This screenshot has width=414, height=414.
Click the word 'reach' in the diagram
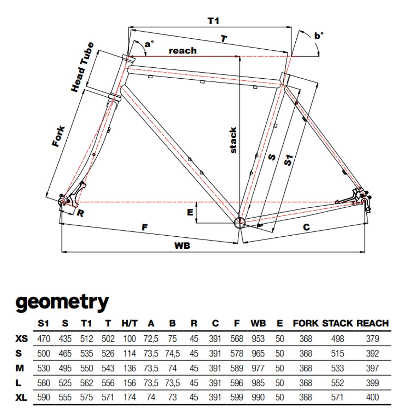(183, 51)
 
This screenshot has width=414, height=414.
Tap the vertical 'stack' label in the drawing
(233, 140)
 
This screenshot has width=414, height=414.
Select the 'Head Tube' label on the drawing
(82, 67)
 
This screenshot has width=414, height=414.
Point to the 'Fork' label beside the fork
(58, 137)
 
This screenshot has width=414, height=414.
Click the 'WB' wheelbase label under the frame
(182, 245)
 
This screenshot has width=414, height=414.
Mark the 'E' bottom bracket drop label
(190, 213)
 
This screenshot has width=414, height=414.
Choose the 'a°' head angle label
(149, 44)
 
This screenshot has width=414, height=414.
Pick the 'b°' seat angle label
(319, 36)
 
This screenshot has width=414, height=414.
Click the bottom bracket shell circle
(239, 222)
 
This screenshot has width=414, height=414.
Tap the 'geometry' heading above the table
(62, 302)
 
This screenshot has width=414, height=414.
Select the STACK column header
(337, 323)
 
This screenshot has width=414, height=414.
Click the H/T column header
(129, 323)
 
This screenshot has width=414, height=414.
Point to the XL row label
(21, 397)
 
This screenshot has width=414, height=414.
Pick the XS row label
(21, 339)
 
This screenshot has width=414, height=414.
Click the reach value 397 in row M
(372, 368)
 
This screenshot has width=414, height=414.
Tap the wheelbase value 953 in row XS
(258, 339)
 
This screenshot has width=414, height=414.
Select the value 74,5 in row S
(172, 354)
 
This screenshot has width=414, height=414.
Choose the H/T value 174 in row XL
(129, 397)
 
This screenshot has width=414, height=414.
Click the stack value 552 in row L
(337, 383)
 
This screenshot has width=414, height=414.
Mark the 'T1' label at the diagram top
(213, 21)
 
